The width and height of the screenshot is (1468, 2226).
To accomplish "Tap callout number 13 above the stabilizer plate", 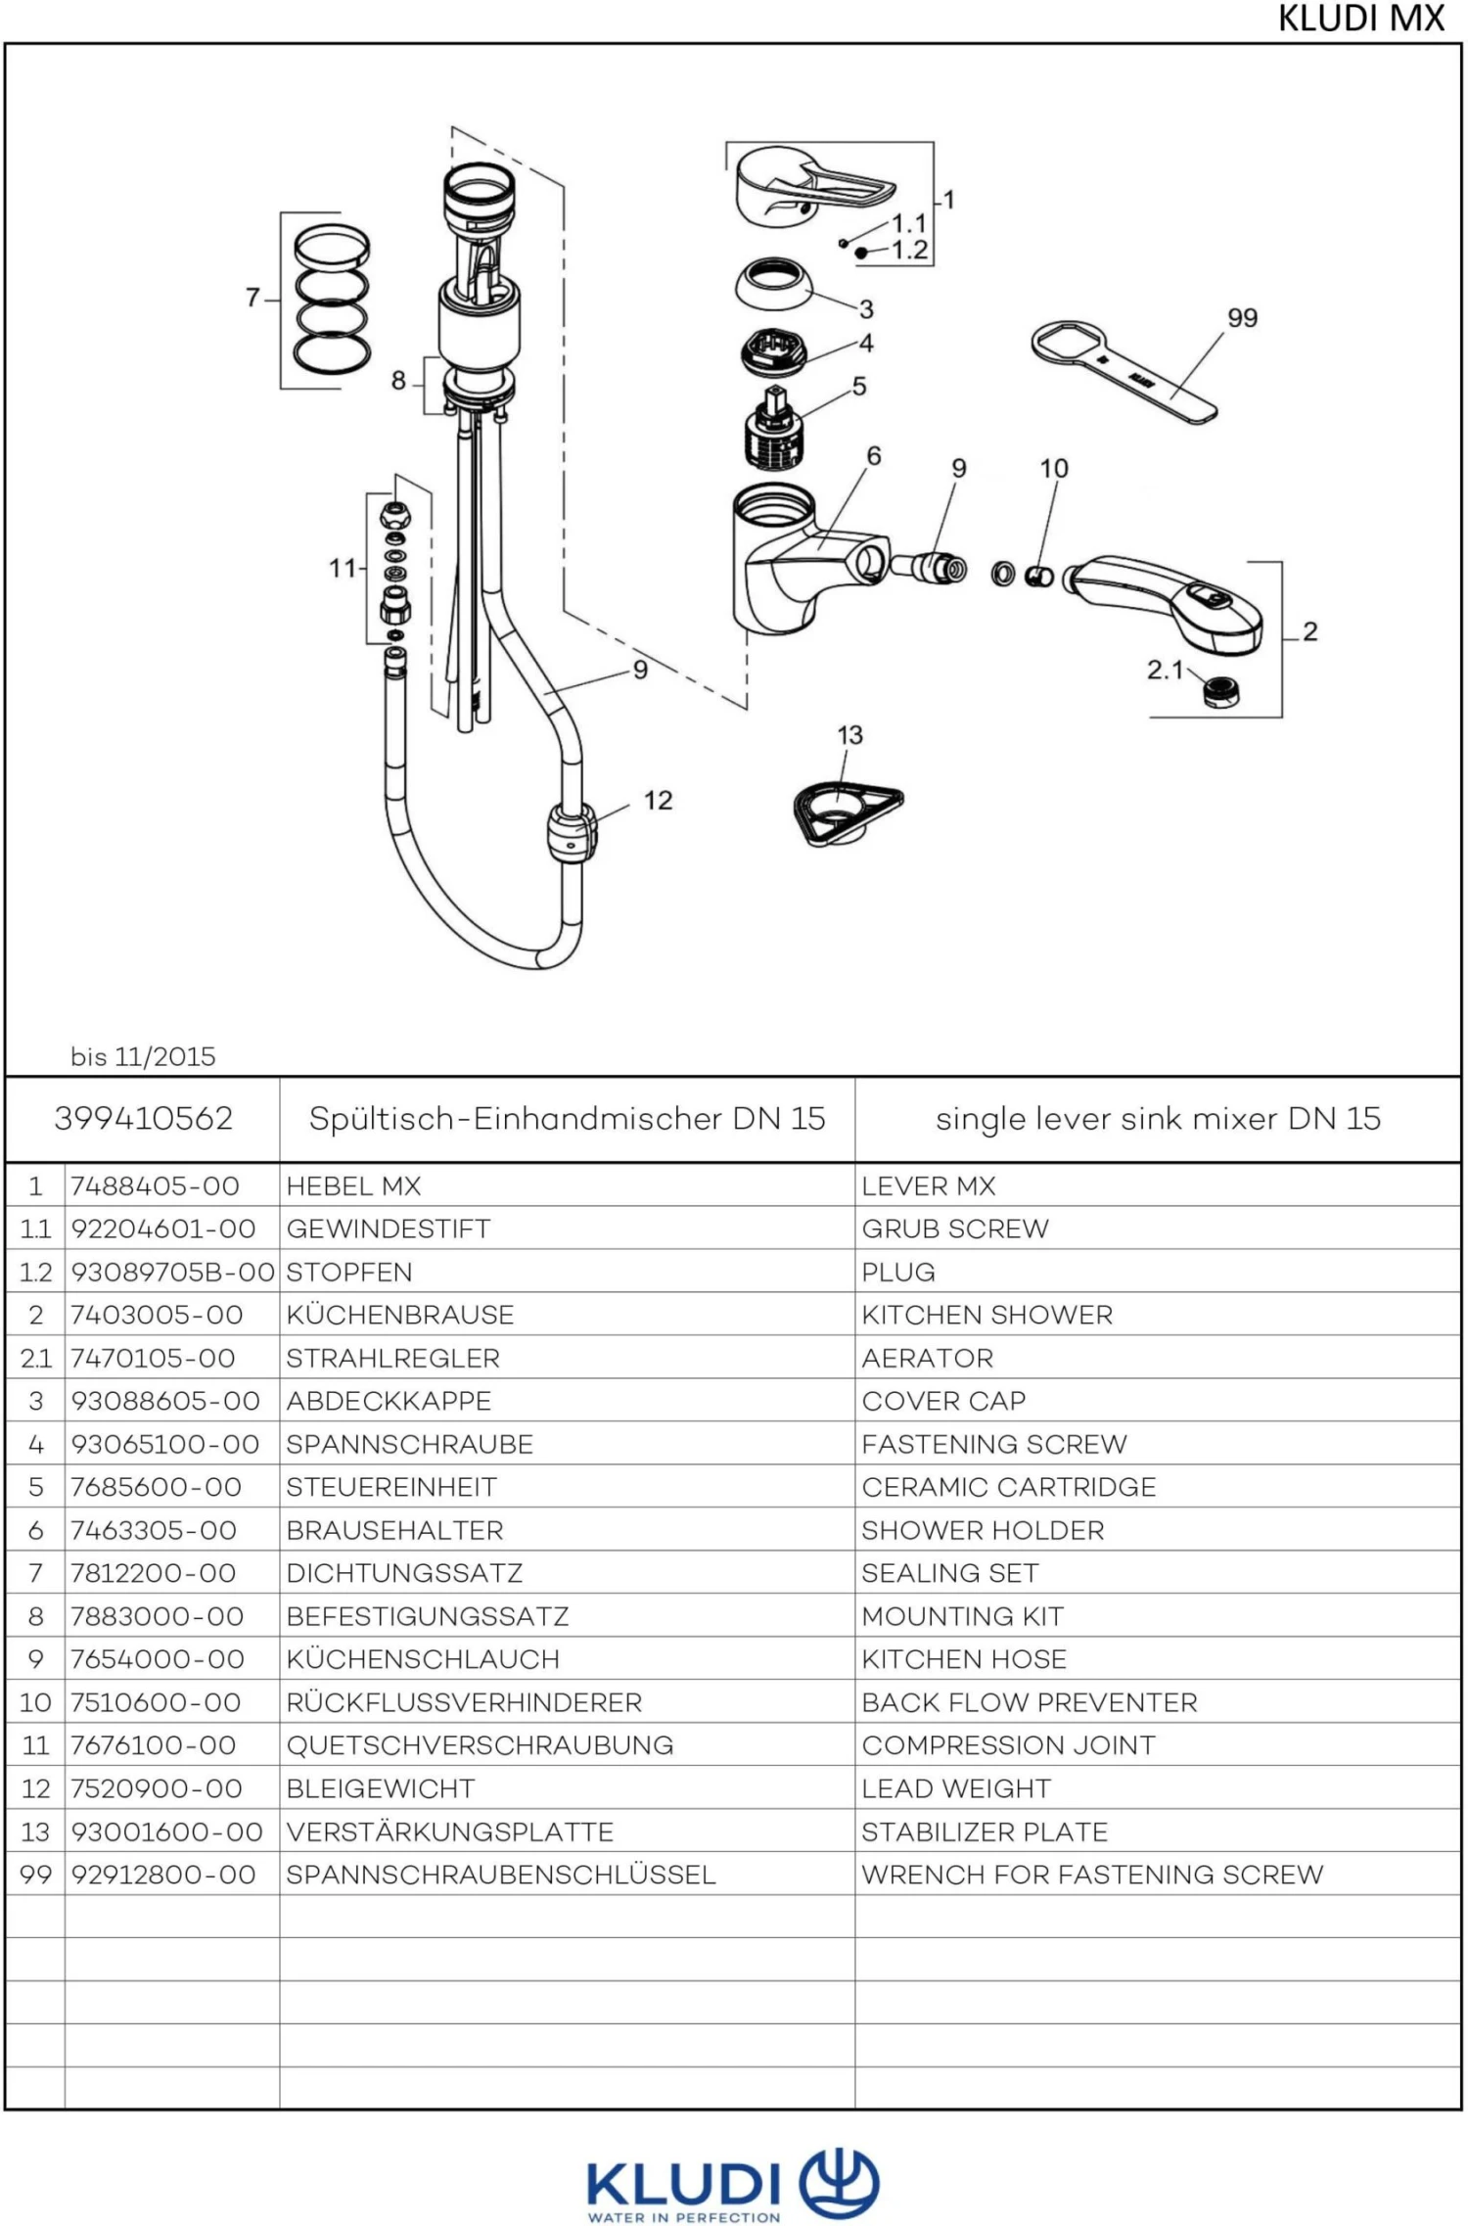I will click(849, 735).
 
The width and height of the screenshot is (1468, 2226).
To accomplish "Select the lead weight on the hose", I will click(572, 833).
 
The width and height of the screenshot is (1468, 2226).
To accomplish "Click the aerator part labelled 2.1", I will click(1220, 691).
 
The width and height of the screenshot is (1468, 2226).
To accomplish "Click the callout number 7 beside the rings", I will click(252, 297).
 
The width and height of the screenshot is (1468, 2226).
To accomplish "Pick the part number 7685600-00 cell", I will click(156, 1487).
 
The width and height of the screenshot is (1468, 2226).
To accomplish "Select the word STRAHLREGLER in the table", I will click(392, 1358).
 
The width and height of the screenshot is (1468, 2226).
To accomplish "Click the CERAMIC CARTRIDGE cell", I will click(1008, 1487).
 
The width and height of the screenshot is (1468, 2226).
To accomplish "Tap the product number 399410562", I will click(144, 1118).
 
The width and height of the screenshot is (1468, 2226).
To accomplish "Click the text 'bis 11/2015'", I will click(143, 1056).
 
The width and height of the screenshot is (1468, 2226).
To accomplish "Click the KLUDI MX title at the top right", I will click(1360, 19).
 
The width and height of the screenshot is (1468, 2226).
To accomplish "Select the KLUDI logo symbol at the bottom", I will click(839, 2183).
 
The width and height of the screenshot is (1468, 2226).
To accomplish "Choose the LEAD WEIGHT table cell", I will click(955, 1788).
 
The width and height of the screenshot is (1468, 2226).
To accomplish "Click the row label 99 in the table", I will click(35, 1875).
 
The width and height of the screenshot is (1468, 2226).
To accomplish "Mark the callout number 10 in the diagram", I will click(1053, 469).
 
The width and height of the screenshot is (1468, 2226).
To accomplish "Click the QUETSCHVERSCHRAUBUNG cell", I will click(480, 1745).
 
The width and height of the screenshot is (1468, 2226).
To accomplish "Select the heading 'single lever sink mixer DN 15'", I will click(1158, 1118).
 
